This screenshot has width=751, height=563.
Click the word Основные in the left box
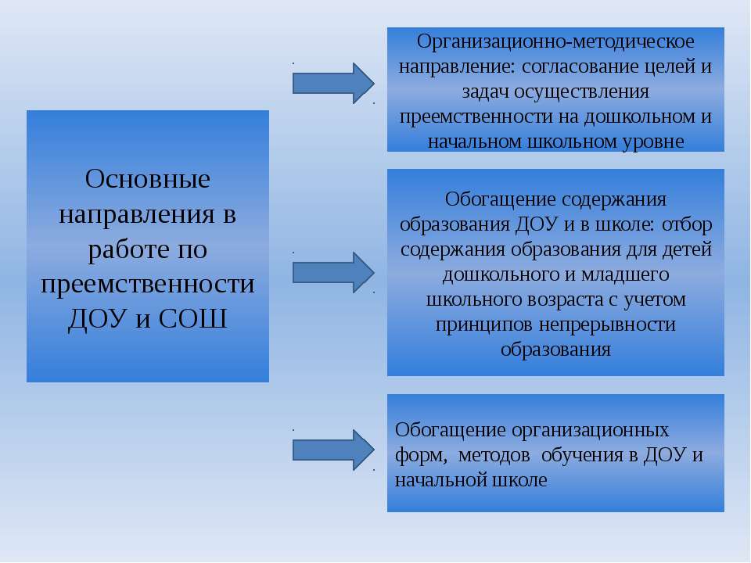click(x=148, y=179)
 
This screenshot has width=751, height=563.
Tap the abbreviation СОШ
click(x=192, y=318)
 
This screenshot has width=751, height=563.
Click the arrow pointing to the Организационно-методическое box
click(x=333, y=84)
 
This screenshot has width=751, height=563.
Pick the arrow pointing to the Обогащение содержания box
click(x=333, y=272)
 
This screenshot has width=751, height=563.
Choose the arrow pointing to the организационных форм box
click(x=333, y=450)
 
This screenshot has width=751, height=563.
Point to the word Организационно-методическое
click(x=555, y=42)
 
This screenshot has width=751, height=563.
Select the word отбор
click(x=687, y=224)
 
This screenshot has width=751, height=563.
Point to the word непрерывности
click(x=607, y=325)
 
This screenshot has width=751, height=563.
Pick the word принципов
click(x=484, y=325)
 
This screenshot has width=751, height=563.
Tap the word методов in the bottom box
click(x=494, y=455)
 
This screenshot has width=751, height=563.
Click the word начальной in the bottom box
click(x=440, y=479)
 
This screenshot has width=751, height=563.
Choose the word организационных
click(x=590, y=430)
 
